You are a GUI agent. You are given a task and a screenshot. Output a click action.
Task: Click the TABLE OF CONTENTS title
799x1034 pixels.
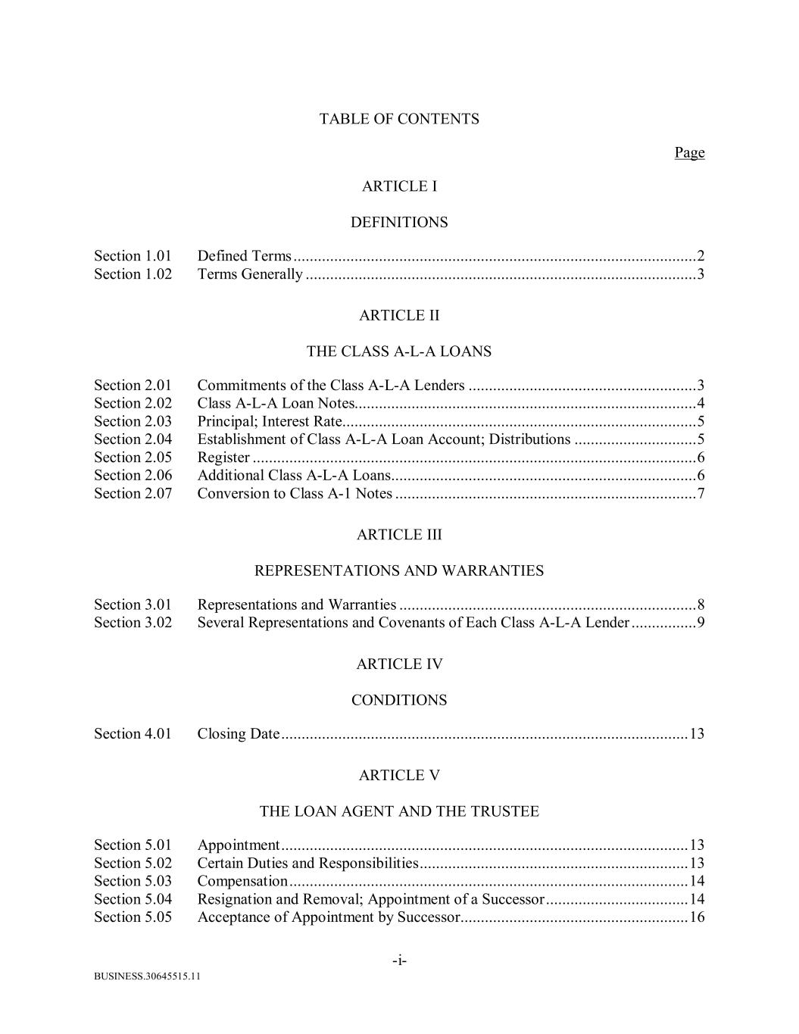[x=399, y=119]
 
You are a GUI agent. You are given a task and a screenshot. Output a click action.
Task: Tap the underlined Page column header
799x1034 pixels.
[x=689, y=153]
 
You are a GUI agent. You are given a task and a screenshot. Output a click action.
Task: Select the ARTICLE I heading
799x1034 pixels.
[x=399, y=186]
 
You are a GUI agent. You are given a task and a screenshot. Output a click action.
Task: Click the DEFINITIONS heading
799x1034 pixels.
[x=399, y=223]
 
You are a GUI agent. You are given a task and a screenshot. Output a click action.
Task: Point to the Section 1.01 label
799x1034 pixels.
[x=133, y=256]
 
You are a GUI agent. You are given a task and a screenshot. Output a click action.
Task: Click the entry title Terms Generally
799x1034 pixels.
[x=250, y=274]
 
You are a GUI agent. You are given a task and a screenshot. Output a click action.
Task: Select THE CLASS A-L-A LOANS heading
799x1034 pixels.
[x=399, y=351]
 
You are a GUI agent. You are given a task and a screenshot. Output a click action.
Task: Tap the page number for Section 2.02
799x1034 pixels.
[x=701, y=403]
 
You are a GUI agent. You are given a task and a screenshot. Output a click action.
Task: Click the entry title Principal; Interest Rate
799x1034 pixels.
[x=270, y=421]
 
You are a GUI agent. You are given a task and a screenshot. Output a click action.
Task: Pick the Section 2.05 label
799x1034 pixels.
[x=133, y=458]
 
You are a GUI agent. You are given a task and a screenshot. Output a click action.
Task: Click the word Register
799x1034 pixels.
[x=223, y=458]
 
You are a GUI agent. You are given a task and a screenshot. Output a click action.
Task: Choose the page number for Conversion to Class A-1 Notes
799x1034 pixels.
[x=701, y=494]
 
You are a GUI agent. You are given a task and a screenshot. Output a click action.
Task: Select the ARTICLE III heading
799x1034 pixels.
[x=399, y=535]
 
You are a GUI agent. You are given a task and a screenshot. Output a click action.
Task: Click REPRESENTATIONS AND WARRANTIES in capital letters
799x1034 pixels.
[x=399, y=571]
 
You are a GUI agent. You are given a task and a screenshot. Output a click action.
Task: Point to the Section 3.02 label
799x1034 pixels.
[x=133, y=623]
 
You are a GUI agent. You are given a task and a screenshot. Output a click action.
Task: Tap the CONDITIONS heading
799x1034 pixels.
[x=399, y=701]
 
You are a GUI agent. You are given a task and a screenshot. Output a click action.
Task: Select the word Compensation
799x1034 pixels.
[x=242, y=881]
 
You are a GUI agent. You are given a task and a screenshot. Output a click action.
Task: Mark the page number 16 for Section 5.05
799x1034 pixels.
[x=697, y=917]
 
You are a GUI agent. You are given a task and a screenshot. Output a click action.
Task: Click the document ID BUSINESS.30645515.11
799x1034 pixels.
[x=147, y=976]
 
